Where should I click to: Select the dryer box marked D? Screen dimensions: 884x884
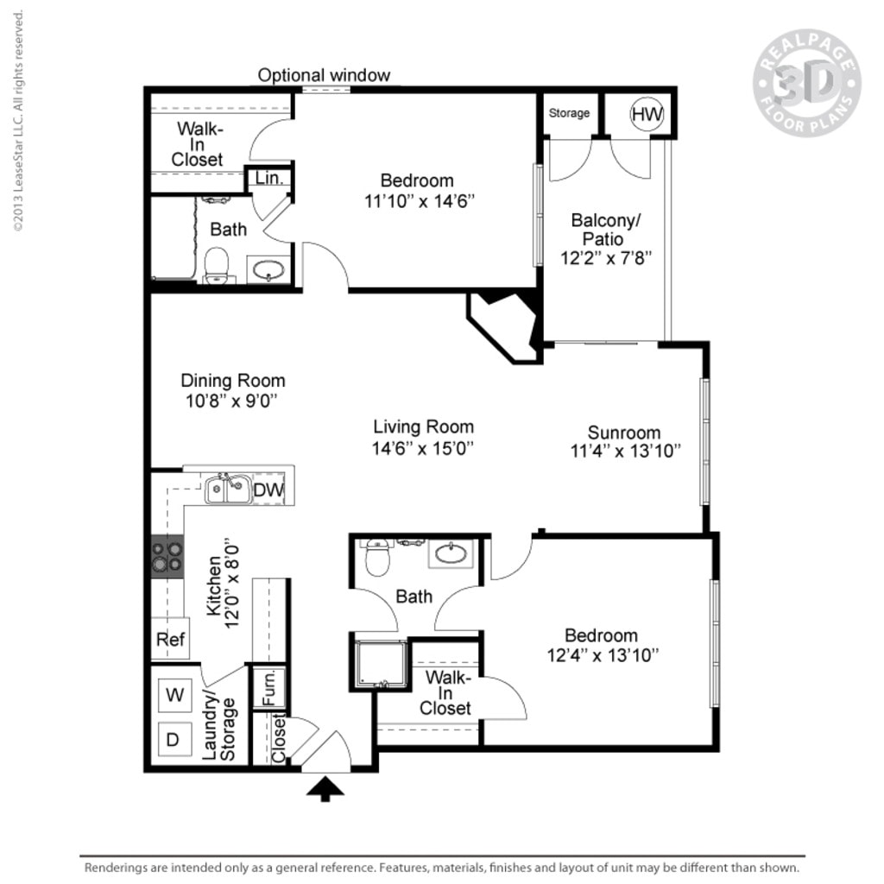click(x=174, y=739)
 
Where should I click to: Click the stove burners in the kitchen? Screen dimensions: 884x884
click(x=167, y=557)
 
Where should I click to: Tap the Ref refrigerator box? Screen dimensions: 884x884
click(x=169, y=640)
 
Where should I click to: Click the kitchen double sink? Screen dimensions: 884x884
click(x=227, y=489)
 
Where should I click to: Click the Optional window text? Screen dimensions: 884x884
click(x=324, y=75)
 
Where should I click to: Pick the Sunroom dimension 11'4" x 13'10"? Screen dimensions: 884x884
click(x=625, y=451)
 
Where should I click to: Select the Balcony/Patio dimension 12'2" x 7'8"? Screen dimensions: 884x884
click(x=603, y=257)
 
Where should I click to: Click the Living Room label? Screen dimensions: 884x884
click(x=423, y=426)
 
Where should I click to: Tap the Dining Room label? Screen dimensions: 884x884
click(x=232, y=381)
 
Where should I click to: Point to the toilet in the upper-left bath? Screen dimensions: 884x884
click(x=218, y=265)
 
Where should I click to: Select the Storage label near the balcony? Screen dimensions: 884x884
click(x=569, y=113)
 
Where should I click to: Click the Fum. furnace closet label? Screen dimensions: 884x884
click(x=268, y=687)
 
